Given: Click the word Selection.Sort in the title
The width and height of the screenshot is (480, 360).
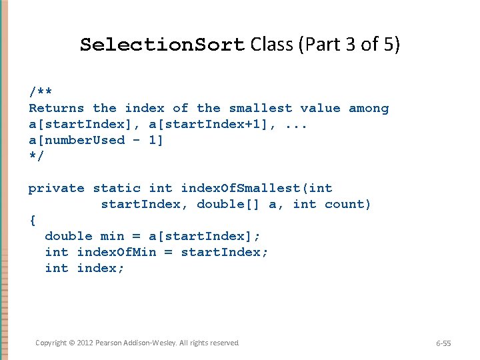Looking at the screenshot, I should tap(163, 45).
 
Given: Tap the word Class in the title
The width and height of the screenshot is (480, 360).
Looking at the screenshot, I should tap(276, 45).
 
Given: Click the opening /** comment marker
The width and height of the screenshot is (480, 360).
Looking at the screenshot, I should tap(41, 91).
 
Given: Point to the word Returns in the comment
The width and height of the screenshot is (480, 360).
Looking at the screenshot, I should tap(56, 108).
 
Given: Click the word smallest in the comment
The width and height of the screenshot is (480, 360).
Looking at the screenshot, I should tap(261, 108).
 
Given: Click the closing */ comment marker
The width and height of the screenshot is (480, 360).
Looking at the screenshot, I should tap(36, 156).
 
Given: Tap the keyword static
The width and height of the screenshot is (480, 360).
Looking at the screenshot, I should tap(117, 188).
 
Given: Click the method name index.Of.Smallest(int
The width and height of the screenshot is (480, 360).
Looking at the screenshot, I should tap(257, 188).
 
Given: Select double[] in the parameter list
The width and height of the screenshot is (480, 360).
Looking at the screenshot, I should tap(228, 204).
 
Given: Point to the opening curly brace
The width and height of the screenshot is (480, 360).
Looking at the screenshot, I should tap(32, 220).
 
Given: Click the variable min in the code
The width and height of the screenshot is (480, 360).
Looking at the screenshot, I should tap(112, 236).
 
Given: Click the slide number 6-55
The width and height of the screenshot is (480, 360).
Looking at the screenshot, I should tap(443, 343).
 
